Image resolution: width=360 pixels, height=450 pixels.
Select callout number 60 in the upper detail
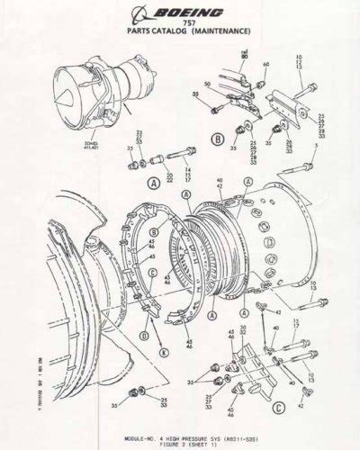click(265, 65)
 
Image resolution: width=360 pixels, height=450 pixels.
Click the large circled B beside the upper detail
click(219, 139)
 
